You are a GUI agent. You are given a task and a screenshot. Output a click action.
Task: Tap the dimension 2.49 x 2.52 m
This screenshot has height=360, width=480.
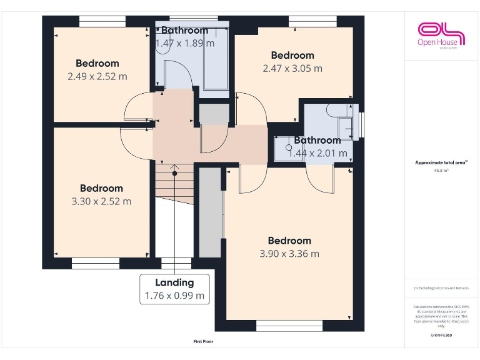click(x=97, y=76)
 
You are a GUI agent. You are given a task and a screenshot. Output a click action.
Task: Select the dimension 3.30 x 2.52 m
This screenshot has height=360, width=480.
click(x=101, y=201)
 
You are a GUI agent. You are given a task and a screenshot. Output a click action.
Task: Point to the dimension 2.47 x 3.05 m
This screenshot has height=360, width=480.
click(x=292, y=69)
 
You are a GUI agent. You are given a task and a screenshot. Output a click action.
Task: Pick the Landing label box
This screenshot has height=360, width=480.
click(x=174, y=289)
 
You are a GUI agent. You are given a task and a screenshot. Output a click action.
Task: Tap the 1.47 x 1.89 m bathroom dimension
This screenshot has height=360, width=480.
click(x=184, y=44)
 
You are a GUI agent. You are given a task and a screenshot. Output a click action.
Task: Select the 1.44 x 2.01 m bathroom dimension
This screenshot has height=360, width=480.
click(x=317, y=152)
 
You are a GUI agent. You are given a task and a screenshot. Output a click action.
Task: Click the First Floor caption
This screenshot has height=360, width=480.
click(x=203, y=342)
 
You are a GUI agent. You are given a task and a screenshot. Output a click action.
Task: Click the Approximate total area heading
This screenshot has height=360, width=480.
click(x=441, y=162)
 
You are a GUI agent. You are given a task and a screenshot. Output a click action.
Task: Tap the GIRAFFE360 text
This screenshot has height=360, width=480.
click(x=441, y=336)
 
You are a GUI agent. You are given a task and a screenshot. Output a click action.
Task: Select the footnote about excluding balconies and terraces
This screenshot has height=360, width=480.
click(x=441, y=288)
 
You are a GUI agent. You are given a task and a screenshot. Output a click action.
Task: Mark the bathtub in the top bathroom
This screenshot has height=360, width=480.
click(x=214, y=59)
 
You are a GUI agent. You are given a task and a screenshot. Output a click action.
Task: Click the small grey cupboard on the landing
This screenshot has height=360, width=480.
click(x=214, y=114)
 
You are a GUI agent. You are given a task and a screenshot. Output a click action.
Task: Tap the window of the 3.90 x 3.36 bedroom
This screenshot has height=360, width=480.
click(x=289, y=326)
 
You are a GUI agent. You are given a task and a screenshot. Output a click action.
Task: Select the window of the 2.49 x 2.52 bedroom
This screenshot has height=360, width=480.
click(x=102, y=21)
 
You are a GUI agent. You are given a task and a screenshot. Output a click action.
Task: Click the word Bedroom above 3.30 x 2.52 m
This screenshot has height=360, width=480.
click(x=101, y=188)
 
